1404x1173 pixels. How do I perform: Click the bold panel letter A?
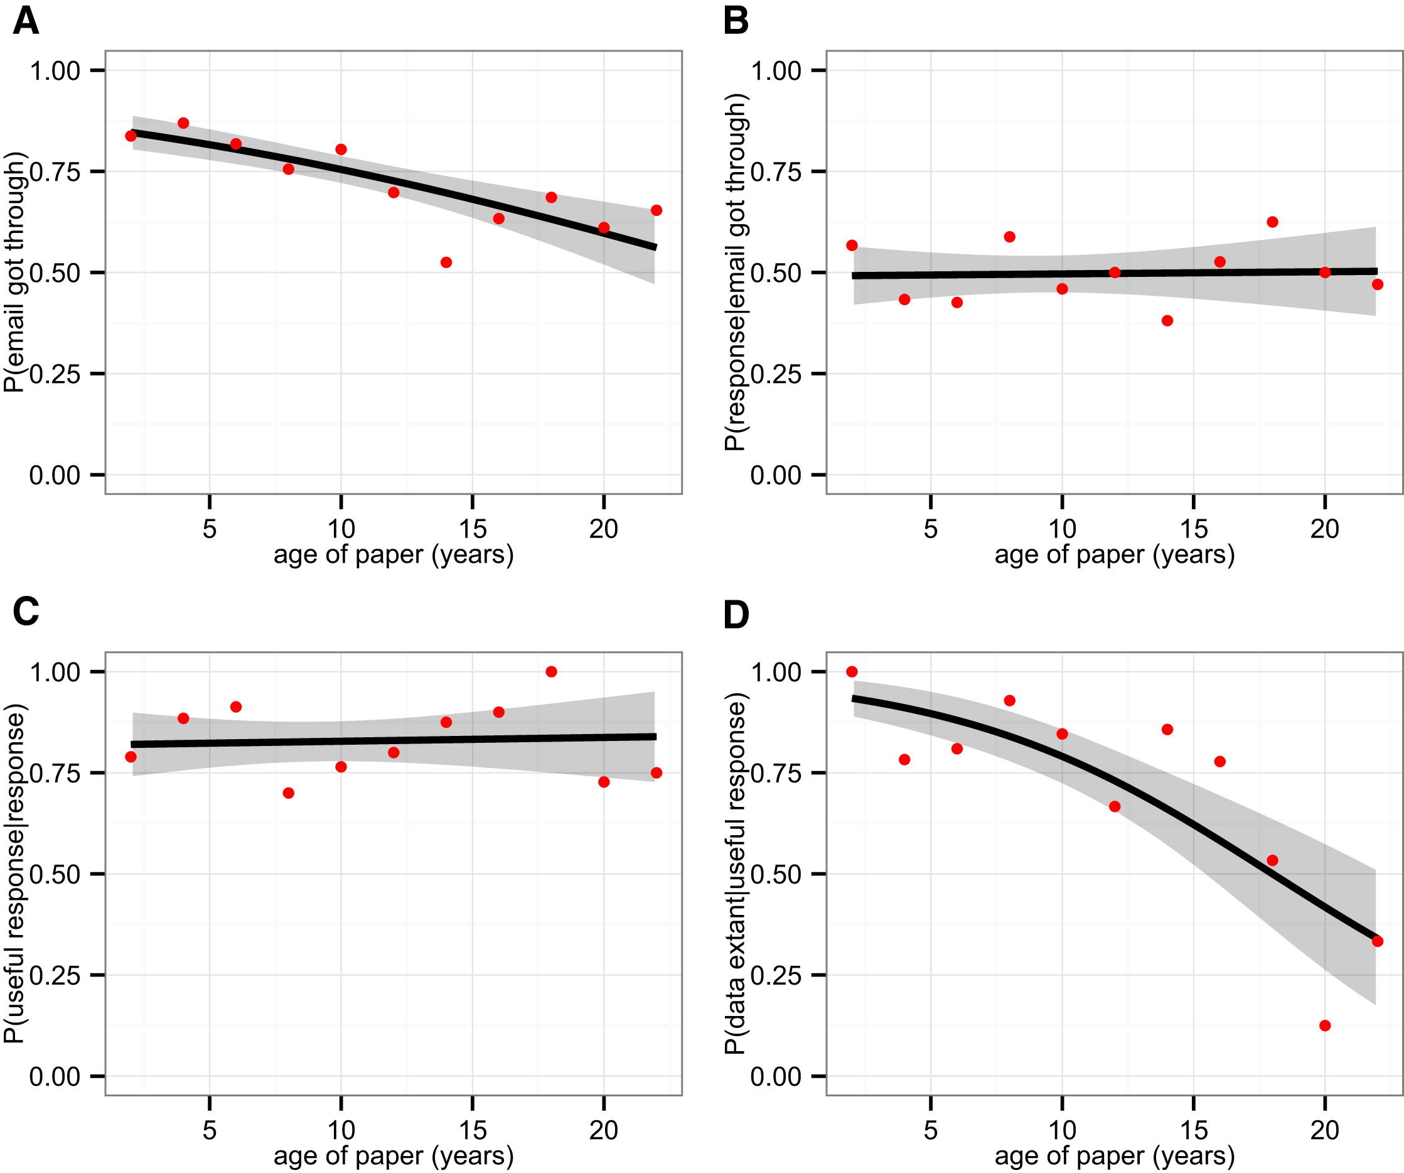coord(25,22)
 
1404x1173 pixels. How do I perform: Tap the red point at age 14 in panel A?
coord(446,262)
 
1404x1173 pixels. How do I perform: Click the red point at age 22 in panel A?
coord(656,210)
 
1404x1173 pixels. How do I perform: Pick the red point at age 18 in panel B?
coord(1272,222)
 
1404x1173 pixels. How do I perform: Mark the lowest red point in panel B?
coord(1167,320)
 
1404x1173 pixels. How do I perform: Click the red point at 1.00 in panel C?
coord(551,671)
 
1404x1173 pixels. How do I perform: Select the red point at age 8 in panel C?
coord(288,792)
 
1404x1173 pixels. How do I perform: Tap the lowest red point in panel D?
coord(1324,1025)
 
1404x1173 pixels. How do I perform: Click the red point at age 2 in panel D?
coord(851,671)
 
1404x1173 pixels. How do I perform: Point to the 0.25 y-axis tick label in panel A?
coord(55,374)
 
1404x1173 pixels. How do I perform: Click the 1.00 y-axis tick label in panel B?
coord(776,71)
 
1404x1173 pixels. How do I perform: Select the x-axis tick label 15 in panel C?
coord(472,1130)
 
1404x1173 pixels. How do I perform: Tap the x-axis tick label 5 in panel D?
coord(930,1130)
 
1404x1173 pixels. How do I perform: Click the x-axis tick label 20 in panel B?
coord(1324,529)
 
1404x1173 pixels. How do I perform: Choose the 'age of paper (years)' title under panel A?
coord(393,555)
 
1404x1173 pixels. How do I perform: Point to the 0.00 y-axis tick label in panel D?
coord(776,1077)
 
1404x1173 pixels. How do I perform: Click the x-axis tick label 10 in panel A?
coord(340,529)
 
